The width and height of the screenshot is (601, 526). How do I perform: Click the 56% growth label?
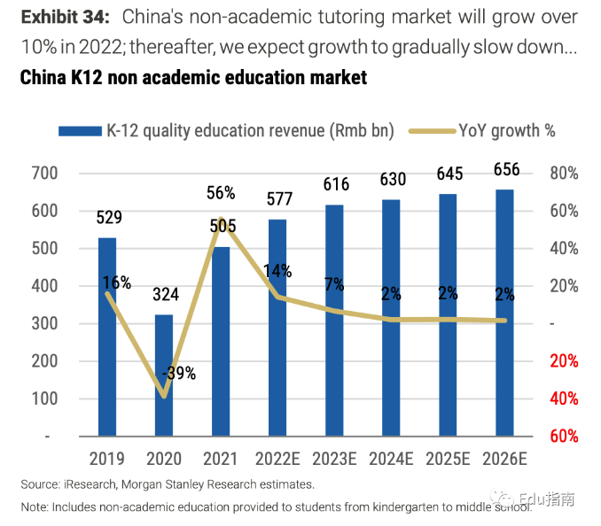(x=221, y=192)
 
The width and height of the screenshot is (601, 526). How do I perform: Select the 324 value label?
(x=166, y=293)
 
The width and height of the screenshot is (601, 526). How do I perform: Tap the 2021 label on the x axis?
(x=221, y=459)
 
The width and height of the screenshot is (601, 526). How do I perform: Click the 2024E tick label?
(x=392, y=459)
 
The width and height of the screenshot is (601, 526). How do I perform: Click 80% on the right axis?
(x=564, y=174)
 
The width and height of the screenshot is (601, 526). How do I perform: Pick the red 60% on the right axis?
(x=564, y=437)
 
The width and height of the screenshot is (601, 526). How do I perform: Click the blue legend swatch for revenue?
(x=80, y=131)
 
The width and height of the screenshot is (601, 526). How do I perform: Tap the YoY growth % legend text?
(x=507, y=131)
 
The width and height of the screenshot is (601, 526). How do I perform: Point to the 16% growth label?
(x=117, y=283)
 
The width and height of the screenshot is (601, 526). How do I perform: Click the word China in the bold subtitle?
(x=44, y=78)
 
